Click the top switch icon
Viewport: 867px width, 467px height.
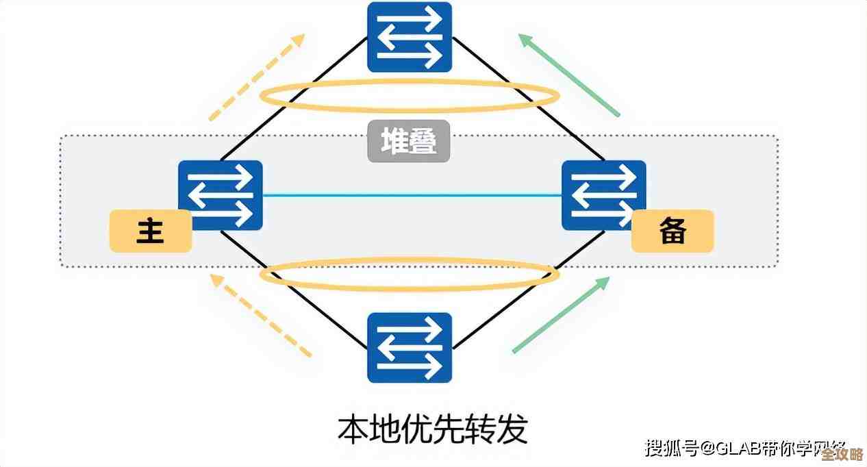(410, 36)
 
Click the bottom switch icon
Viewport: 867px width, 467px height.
(410, 347)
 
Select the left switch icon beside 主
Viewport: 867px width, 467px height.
(221, 195)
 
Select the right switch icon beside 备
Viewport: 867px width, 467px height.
(603, 195)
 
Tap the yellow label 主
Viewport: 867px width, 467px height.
(150, 231)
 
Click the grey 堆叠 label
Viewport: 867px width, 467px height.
(409, 142)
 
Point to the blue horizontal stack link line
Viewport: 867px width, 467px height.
(411, 195)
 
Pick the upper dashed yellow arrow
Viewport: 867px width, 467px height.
(256, 77)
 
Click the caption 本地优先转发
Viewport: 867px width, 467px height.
(433, 429)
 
